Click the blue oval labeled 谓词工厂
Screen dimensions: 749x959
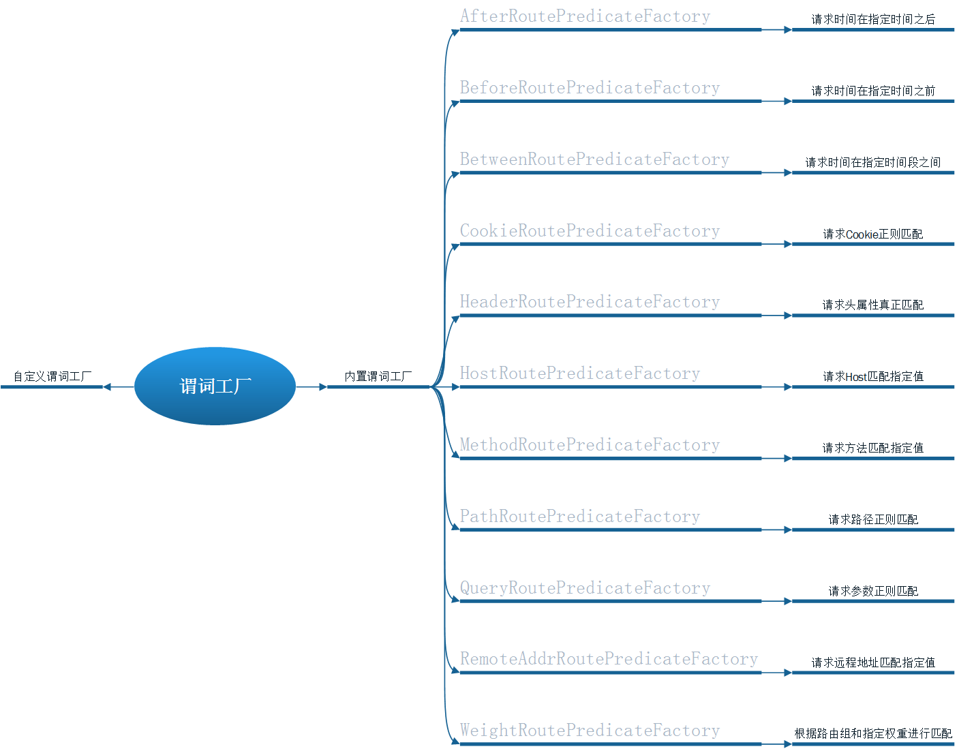215,386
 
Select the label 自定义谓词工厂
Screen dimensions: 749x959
52,376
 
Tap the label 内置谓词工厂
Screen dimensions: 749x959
378,376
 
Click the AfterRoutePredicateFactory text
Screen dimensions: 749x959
585,16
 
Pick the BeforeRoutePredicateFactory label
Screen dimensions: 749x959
590,88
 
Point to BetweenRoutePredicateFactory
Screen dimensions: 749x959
594,159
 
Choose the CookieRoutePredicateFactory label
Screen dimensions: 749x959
590,231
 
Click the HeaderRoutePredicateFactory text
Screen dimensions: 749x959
590,302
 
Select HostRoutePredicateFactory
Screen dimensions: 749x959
580,373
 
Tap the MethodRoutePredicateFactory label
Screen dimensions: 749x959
590,445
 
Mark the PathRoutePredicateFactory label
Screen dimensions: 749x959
580,517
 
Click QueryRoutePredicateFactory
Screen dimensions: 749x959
585,588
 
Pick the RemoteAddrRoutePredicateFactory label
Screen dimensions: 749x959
609,659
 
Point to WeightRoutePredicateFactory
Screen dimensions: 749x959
590,731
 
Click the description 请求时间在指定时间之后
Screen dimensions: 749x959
873,19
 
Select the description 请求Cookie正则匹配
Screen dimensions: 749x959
873,234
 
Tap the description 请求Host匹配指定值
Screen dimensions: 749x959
873,376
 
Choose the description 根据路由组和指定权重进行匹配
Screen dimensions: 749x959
873,733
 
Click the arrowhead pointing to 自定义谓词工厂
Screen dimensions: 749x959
107,387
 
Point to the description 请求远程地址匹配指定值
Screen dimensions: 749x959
873,662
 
